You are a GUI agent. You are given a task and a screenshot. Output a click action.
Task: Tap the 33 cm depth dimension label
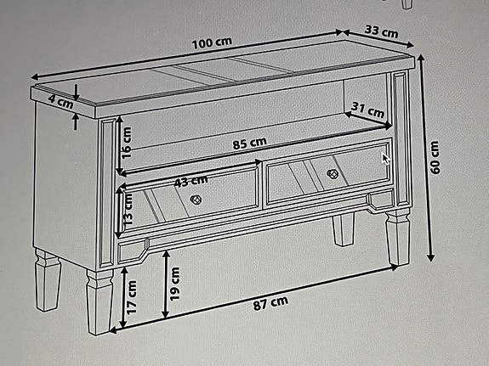380,32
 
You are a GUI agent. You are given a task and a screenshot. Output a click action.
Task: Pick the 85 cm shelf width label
249,143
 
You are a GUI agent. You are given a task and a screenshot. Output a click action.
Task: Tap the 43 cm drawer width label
190,179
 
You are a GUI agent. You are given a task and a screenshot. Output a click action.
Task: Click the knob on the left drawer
195,200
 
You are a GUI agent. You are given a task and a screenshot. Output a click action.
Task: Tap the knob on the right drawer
333,174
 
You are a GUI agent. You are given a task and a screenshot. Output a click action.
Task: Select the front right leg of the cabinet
397,238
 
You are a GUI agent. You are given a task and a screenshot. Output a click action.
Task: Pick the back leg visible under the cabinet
342,229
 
